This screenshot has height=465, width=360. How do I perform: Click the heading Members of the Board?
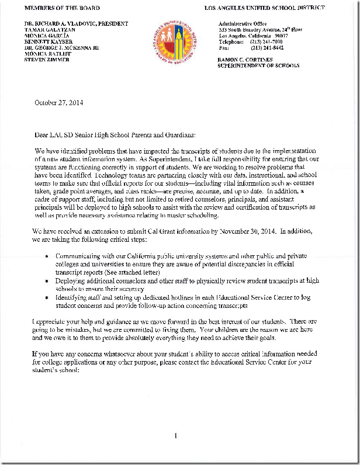[x=62, y=9]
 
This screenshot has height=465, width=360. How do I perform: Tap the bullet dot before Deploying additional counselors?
[x=47, y=281]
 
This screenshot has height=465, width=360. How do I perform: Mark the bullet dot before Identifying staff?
[x=47, y=297]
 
